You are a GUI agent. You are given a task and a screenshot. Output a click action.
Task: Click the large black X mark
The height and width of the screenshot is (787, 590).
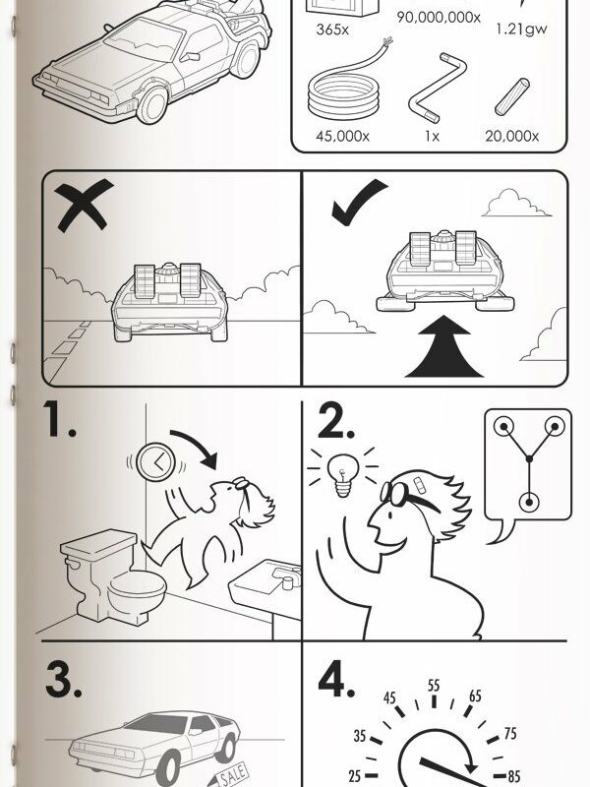pyautogui.click(x=83, y=205)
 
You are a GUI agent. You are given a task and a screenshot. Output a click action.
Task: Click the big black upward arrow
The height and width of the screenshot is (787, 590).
pyautogui.click(x=443, y=347)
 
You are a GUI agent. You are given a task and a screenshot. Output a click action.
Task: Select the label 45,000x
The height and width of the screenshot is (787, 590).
pyautogui.click(x=342, y=136)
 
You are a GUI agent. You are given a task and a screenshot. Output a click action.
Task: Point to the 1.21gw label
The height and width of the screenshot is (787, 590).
pyautogui.click(x=521, y=30)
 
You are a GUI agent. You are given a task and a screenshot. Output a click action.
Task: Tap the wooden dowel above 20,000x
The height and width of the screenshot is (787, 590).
pyautogui.click(x=511, y=96)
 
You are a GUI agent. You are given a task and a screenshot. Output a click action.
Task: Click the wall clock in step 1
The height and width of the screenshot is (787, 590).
pyautogui.click(x=156, y=461)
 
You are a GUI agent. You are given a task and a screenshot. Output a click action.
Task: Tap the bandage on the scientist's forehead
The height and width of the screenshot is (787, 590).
pyautogui.click(x=419, y=484)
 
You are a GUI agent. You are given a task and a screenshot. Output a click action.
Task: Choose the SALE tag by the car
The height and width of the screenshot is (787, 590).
pyautogui.click(x=229, y=774)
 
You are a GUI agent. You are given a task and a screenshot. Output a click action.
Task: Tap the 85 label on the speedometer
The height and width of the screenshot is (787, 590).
pyautogui.click(x=513, y=777)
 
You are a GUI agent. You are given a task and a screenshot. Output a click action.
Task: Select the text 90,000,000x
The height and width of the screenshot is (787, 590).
pyautogui.click(x=439, y=18)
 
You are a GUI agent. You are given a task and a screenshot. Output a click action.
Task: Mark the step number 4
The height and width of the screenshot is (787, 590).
pyautogui.click(x=336, y=679)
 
